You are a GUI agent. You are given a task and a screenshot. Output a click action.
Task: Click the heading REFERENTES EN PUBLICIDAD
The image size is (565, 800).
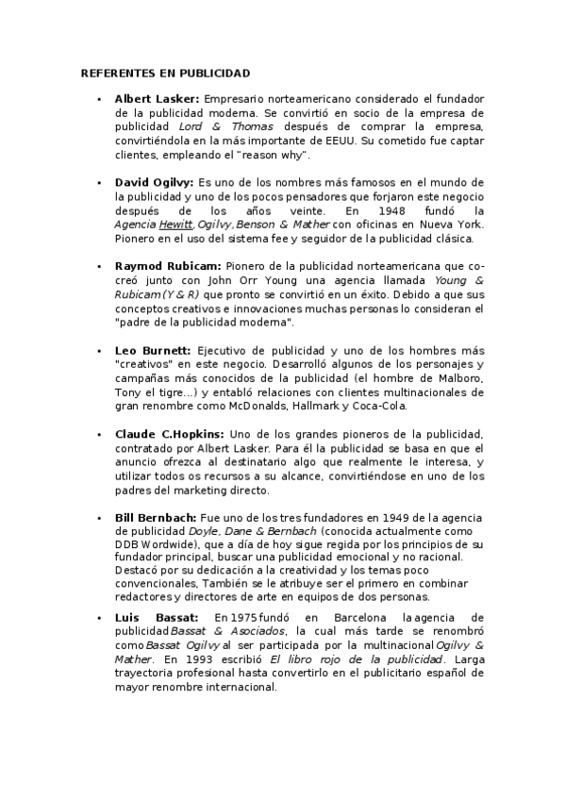[x=165, y=73]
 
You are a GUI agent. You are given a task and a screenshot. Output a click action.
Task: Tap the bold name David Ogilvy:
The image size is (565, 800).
[x=154, y=181]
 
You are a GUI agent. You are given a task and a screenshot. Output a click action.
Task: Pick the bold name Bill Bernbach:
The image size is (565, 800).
[x=156, y=518]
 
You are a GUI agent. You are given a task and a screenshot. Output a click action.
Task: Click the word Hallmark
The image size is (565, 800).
[x=316, y=407]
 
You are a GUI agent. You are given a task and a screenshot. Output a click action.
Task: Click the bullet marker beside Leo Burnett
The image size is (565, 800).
[x=99, y=351]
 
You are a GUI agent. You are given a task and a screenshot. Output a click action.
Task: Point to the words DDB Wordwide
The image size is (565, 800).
[x=152, y=546]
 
